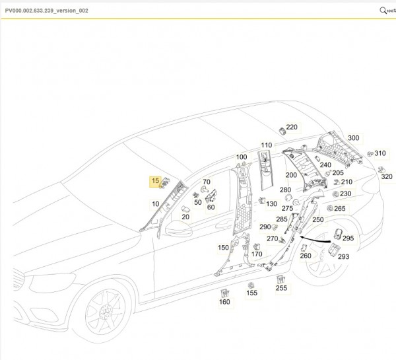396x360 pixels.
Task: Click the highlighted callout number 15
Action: pos(156,180)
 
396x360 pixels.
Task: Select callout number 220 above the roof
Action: pos(292,127)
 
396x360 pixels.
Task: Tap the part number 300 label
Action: pos(354,137)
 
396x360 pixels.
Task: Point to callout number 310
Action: pos(379,153)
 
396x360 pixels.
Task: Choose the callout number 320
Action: pos(386,177)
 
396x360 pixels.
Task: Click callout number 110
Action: pos(266,145)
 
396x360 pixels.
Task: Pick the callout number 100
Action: pos(241,157)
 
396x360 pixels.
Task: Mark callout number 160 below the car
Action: pos(224,303)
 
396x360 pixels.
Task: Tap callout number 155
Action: pos(251,293)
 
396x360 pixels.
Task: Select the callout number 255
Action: pos(281,287)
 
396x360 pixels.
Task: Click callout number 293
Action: pos(344,256)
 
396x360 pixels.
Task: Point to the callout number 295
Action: pos(348,238)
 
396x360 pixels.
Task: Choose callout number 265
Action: pos(339,209)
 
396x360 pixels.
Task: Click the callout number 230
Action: pos(345,194)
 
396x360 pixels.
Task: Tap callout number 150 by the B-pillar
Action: pos(224,247)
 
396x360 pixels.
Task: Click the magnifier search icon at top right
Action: pos(383,11)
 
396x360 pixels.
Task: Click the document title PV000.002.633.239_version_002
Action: pos(46,11)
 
